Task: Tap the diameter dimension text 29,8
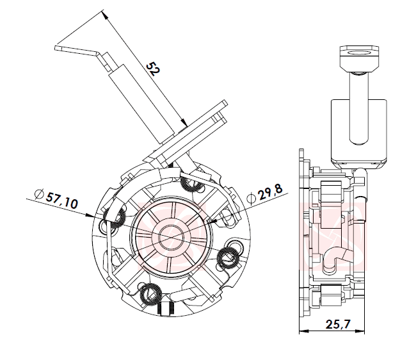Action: coord(268,192)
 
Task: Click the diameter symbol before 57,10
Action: coord(39,192)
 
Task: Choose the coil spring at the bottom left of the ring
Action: coord(152,294)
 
